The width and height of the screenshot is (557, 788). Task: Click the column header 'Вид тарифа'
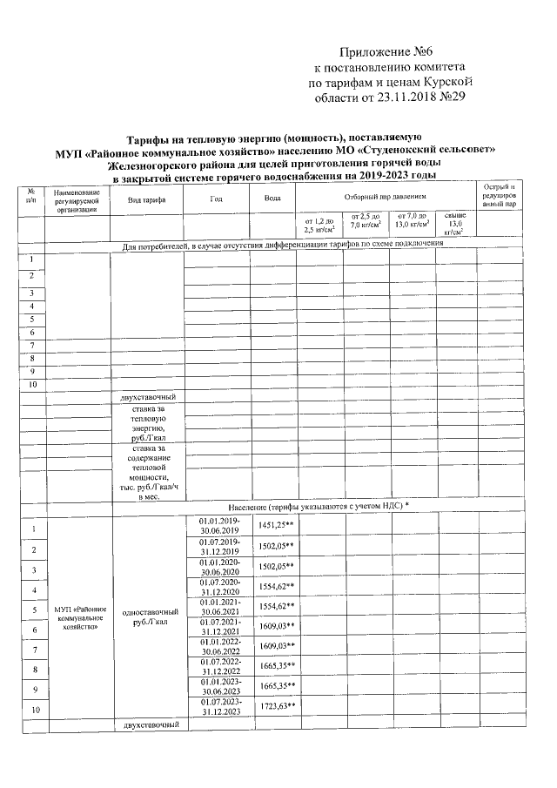point(146,199)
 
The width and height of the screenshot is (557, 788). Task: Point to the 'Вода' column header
point(272,199)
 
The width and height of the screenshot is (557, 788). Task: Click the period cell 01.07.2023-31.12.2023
point(219,706)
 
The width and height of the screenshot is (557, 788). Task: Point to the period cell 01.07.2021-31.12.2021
point(219,626)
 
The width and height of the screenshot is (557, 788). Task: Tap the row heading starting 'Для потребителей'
point(283,244)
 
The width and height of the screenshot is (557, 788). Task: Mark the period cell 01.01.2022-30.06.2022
point(219,646)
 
